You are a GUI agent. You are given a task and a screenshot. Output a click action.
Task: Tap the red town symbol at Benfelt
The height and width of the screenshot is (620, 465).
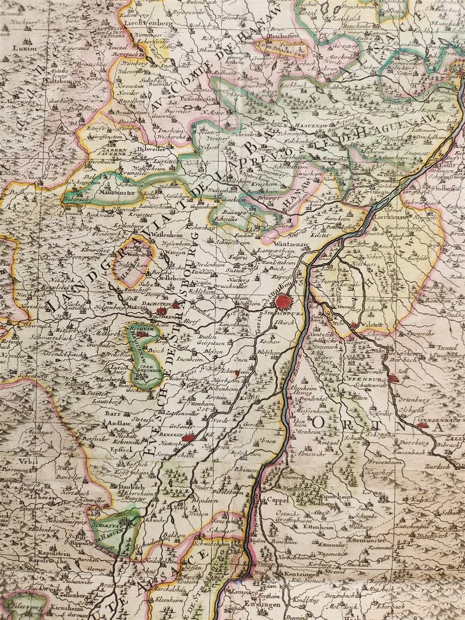[188, 437]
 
